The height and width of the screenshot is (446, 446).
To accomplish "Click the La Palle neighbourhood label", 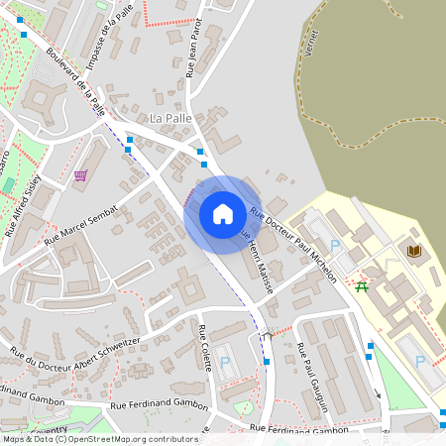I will tap(168, 118).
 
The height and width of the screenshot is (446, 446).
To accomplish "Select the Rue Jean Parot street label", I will tap(193, 47).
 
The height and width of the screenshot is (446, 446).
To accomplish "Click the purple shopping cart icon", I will tap(79, 176).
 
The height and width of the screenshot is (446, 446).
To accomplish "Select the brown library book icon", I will tap(414, 251).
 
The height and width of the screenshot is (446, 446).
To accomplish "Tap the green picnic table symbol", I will tap(362, 285).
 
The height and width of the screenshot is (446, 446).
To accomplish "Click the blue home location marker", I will tap(223, 213).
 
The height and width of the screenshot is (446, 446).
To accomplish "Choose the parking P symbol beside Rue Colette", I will tap(226, 364).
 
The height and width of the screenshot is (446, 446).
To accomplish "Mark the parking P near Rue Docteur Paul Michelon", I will tap(334, 244).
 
